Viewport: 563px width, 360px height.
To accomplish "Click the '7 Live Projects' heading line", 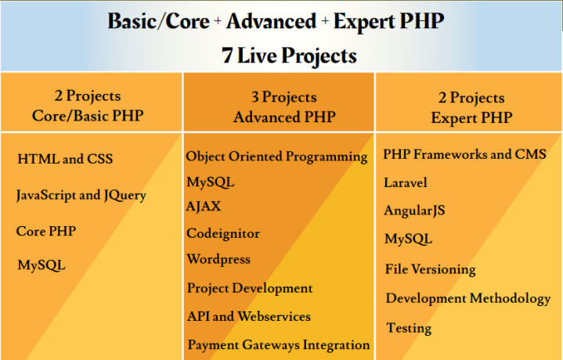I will click(280, 56).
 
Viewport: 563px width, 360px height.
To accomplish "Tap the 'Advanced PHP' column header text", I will click(280, 117).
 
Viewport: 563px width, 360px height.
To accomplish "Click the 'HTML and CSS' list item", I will click(65, 160).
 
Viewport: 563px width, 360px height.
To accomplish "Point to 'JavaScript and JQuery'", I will click(81, 196).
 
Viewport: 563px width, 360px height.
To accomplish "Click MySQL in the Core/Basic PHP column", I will click(42, 265).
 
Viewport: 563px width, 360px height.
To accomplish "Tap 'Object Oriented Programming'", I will click(276, 157).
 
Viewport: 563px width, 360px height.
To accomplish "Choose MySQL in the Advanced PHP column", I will click(210, 182).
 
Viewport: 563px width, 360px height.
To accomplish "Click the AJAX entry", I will click(204, 207).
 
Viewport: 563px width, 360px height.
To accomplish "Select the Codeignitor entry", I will click(223, 233).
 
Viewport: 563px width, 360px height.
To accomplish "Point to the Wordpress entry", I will click(218, 259).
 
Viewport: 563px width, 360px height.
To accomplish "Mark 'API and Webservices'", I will click(249, 316).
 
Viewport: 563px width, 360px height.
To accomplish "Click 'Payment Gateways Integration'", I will click(278, 344).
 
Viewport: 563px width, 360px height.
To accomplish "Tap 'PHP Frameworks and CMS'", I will click(465, 154).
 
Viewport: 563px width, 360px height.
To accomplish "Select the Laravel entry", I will click(406, 182).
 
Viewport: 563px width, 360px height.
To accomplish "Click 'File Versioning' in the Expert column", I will click(431, 269).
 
